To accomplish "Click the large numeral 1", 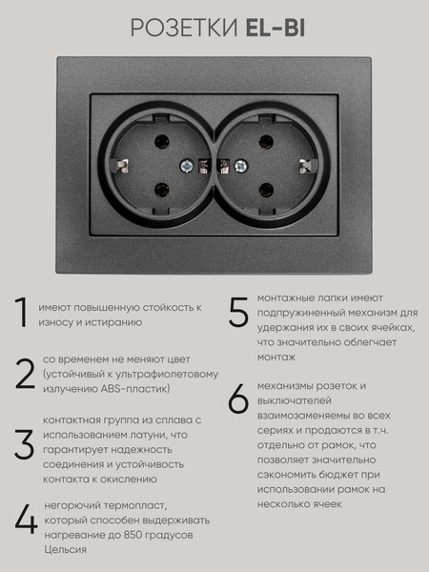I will click(x=21, y=316).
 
